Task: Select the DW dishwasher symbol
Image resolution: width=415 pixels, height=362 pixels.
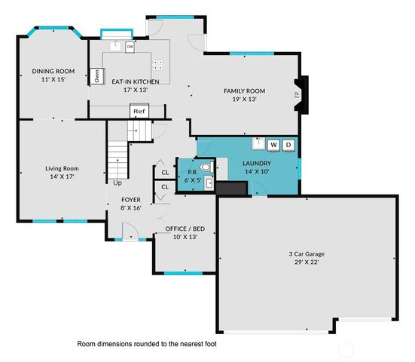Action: [130, 47]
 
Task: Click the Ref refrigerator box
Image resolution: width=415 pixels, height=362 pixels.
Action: [139, 112]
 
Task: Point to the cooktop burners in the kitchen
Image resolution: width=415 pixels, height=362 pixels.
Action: [159, 65]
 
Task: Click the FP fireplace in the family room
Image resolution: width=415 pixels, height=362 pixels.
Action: [298, 94]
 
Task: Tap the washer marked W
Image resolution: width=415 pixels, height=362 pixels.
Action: [273, 144]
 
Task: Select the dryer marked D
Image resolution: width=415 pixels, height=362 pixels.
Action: [288, 144]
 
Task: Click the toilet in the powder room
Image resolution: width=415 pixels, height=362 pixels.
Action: [204, 169]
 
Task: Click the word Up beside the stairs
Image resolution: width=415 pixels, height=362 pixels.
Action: [117, 183]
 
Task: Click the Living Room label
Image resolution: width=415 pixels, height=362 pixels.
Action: [63, 168]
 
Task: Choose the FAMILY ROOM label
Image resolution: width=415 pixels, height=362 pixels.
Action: [246, 90]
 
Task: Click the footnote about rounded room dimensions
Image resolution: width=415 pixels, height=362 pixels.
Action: [152, 343]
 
